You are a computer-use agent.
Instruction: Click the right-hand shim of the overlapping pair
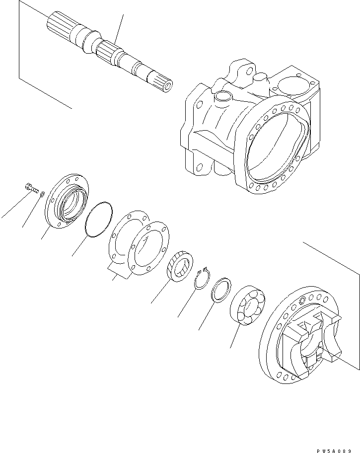point(147,248)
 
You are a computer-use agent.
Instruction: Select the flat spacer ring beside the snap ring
point(222,290)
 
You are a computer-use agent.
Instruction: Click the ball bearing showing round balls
point(248,306)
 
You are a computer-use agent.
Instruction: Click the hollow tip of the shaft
point(169,86)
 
